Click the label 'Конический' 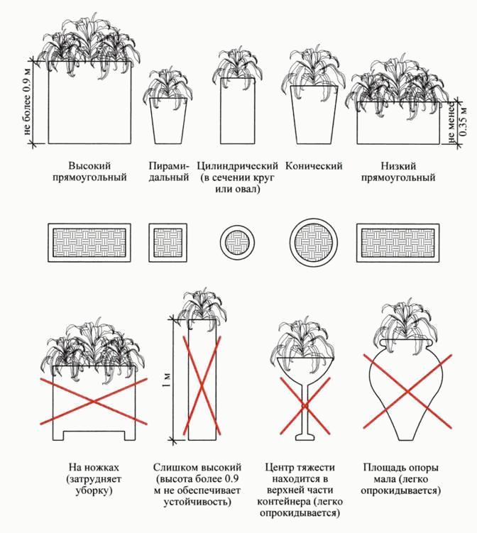tap(314, 166)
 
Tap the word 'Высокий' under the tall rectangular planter tap(89, 166)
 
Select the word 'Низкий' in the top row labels tap(398, 166)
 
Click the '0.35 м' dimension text tap(463, 121)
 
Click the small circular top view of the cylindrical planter tap(238, 243)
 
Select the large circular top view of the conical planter tap(314, 243)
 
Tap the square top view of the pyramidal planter tap(168, 243)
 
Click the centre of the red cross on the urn tap(407, 391)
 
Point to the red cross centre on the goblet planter tap(305, 405)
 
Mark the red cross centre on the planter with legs tap(94, 402)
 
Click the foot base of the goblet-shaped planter tap(305, 436)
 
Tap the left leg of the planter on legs tap(58, 436)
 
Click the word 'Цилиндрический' tap(238, 166)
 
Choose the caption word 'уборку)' tap(94, 491)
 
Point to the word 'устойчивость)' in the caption tap(197, 502)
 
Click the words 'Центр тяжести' tap(300, 468)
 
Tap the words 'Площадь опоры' tap(401, 468)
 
